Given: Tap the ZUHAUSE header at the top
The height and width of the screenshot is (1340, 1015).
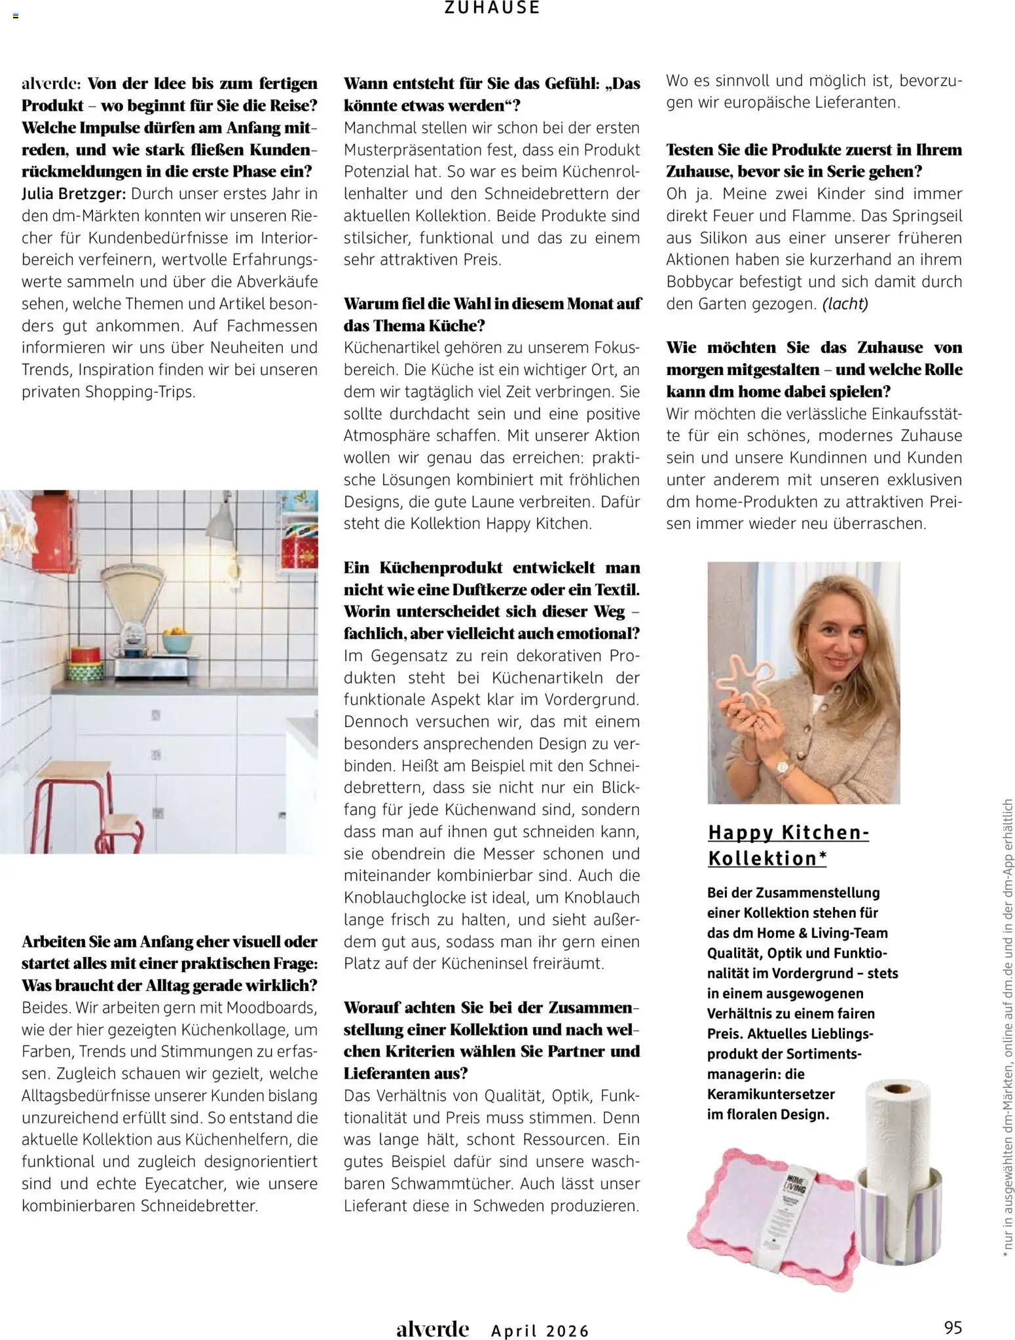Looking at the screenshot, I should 492,9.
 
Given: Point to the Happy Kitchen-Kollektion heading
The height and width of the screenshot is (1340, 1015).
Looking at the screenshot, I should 788,845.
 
